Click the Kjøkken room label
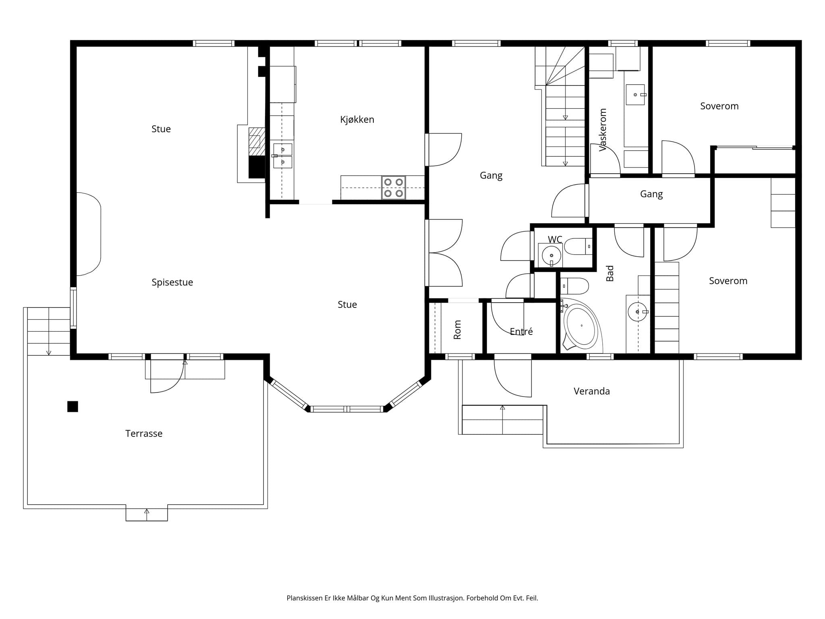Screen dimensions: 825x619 click(357, 120)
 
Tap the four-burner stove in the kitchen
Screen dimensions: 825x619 click(394, 188)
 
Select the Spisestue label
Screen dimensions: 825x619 click(172, 282)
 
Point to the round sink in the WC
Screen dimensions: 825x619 click(551, 255)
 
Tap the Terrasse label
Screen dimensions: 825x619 click(144, 434)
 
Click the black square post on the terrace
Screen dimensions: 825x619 click(73, 407)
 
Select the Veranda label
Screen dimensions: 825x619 click(591, 391)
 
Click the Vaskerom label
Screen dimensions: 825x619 click(603, 130)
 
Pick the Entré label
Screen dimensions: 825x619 click(521, 331)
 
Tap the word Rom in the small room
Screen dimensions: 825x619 click(457, 330)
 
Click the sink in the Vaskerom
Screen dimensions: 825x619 click(635, 95)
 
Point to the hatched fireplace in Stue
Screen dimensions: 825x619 click(257, 141)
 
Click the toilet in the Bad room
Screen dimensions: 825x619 click(574, 286)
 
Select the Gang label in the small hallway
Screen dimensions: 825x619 click(651, 194)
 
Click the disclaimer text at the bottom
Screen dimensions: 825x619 click(412, 598)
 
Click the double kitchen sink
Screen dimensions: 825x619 click(282, 156)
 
